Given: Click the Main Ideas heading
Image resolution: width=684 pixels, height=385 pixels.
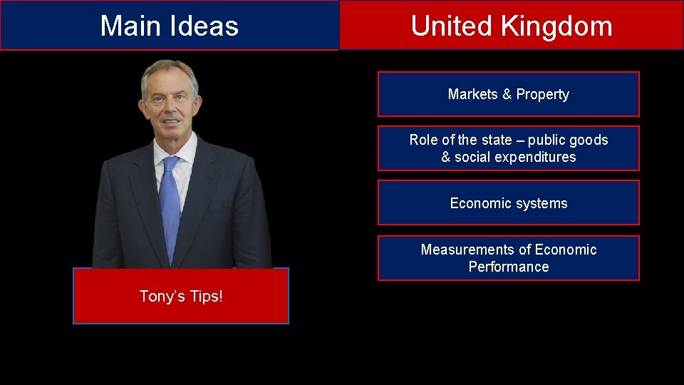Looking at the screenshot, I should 169,26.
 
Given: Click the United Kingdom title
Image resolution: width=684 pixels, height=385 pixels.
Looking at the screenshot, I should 511,26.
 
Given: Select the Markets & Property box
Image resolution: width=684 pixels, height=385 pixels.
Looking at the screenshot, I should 508,94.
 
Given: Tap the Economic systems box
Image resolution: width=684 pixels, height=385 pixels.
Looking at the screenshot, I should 508,203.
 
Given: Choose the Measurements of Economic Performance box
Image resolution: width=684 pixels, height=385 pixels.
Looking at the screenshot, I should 508,258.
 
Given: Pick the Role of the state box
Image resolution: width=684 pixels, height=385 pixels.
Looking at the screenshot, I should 508,148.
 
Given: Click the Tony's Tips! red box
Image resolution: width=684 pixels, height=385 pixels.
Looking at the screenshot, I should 181,296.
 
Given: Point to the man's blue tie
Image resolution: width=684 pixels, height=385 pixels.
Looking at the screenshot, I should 170,207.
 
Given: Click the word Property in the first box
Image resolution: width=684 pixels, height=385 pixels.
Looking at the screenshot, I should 543,94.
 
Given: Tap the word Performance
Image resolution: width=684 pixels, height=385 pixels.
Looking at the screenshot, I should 509,267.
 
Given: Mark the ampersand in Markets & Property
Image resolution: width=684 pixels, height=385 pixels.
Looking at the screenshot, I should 507,94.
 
